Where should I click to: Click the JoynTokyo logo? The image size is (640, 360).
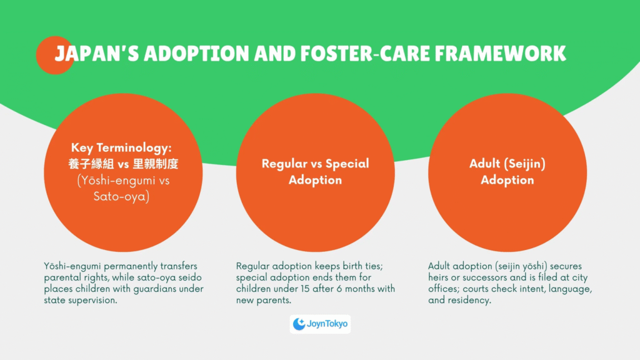(x=320, y=324)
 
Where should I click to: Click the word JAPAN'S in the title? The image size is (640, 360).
(x=97, y=54)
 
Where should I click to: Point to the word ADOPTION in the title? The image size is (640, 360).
(x=196, y=54)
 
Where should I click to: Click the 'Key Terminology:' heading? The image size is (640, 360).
(x=122, y=147)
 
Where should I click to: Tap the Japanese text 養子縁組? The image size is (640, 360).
(x=91, y=164)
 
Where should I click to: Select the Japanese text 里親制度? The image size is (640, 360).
(x=156, y=164)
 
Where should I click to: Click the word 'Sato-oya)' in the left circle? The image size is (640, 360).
(x=122, y=197)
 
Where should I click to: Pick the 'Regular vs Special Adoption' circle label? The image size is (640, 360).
(x=315, y=172)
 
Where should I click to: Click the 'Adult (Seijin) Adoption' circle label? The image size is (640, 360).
(x=507, y=172)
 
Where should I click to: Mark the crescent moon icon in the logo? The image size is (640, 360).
(x=299, y=324)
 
